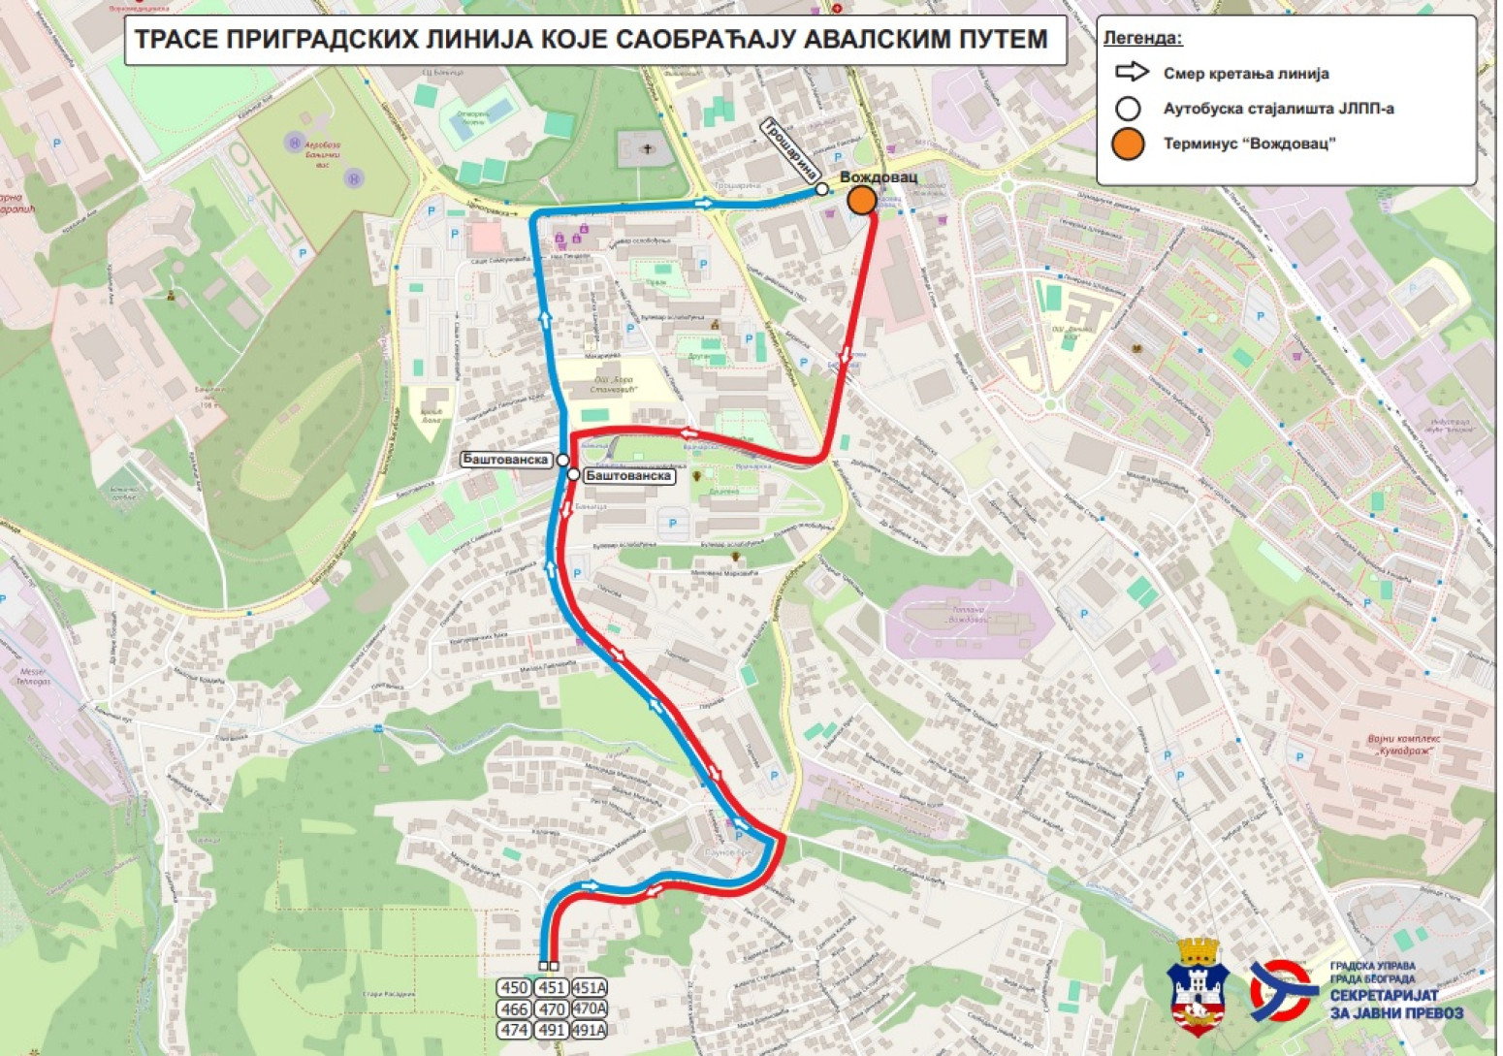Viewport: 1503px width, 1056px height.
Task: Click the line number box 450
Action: (x=514, y=988)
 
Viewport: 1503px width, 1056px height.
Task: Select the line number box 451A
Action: (x=589, y=988)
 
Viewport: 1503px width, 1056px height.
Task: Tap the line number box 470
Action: (x=552, y=1009)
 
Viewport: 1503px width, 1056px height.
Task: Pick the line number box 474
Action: (x=514, y=1030)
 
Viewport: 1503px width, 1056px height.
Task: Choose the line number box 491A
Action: (x=589, y=1030)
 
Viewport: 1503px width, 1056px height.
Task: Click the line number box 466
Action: (x=514, y=1009)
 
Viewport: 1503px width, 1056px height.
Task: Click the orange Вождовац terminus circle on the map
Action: (x=861, y=201)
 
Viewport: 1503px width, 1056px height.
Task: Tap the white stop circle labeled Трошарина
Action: (x=822, y=189)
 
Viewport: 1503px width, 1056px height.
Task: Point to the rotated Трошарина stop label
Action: (x=788, y=150)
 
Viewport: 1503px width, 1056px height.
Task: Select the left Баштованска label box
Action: (x=505, y=460)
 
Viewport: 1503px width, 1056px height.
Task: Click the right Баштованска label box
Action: (x=628, y=476)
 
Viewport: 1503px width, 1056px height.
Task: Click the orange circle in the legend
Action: (x=1128, y=144)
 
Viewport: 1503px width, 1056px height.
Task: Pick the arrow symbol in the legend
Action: (x=1131, y=73)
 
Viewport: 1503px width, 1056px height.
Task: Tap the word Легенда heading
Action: (x=1142, y=39)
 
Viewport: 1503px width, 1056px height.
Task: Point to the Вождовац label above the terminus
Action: (x=878, y=177)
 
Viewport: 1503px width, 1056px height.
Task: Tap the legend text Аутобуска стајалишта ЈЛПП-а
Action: (x=1278, y=109)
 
